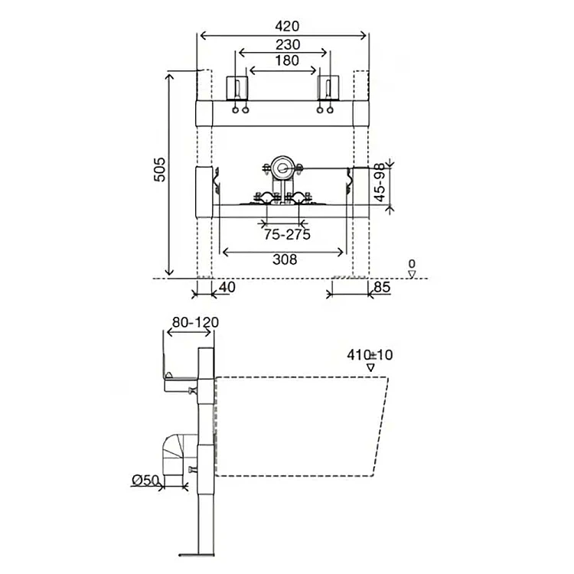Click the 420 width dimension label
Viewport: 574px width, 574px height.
287,26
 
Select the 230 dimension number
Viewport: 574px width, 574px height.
288,44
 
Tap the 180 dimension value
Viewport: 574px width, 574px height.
287,60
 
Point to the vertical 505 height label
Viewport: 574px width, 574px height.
160,169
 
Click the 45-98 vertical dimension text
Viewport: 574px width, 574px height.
380,182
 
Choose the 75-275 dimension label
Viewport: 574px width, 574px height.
287,234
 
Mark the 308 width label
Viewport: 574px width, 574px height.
285,259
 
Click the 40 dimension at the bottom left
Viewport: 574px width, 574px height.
227,287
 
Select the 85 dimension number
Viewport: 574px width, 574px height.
382,287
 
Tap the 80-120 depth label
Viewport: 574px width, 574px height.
195,322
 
